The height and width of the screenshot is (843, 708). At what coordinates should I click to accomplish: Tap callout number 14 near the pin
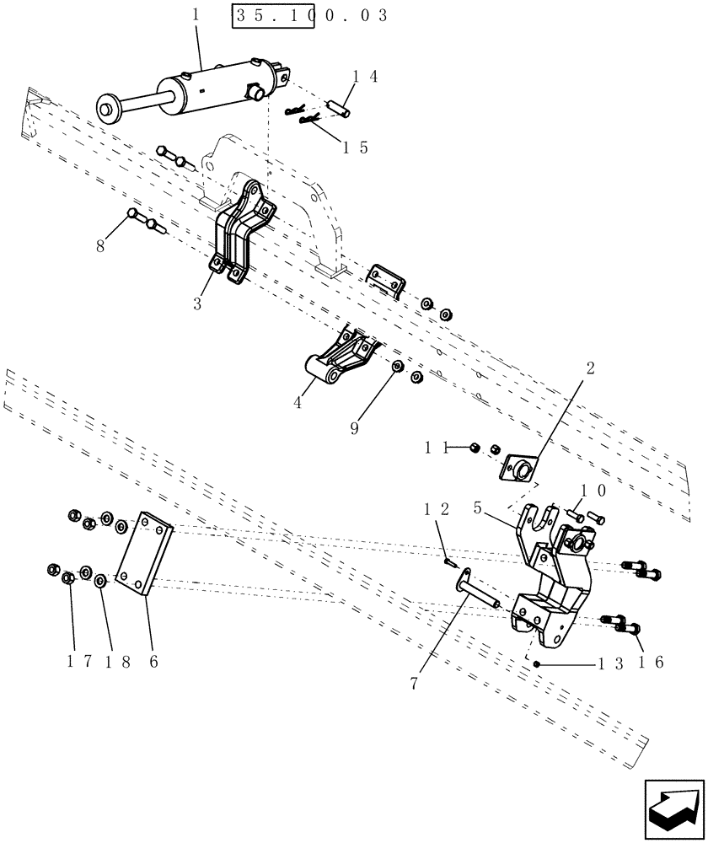[364, 77]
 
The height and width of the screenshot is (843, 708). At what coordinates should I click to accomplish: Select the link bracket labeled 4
[337, 358]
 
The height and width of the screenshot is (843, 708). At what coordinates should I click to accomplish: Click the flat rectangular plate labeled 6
[146, 555]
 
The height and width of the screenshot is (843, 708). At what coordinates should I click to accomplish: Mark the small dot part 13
[535, 664]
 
